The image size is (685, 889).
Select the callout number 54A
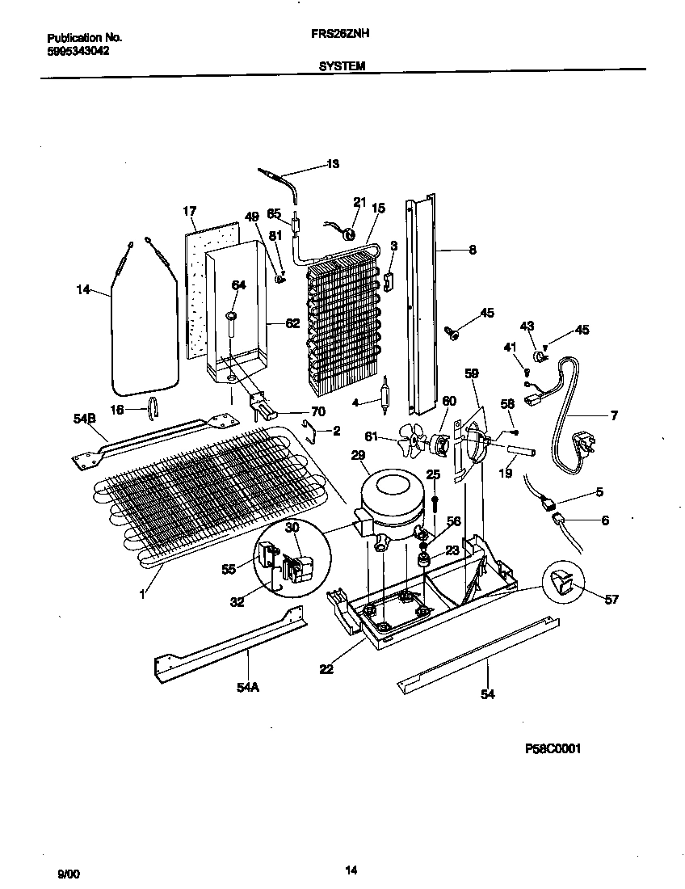click(x=249, y=687)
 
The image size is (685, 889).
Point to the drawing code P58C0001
click(x=553, y=748)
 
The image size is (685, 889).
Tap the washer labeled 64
click(x=231, y=314)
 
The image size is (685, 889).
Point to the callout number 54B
click(x=85, y=418)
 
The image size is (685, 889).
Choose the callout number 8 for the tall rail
click(x=473, y=251)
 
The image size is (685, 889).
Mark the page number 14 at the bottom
click(x=351, y=870)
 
